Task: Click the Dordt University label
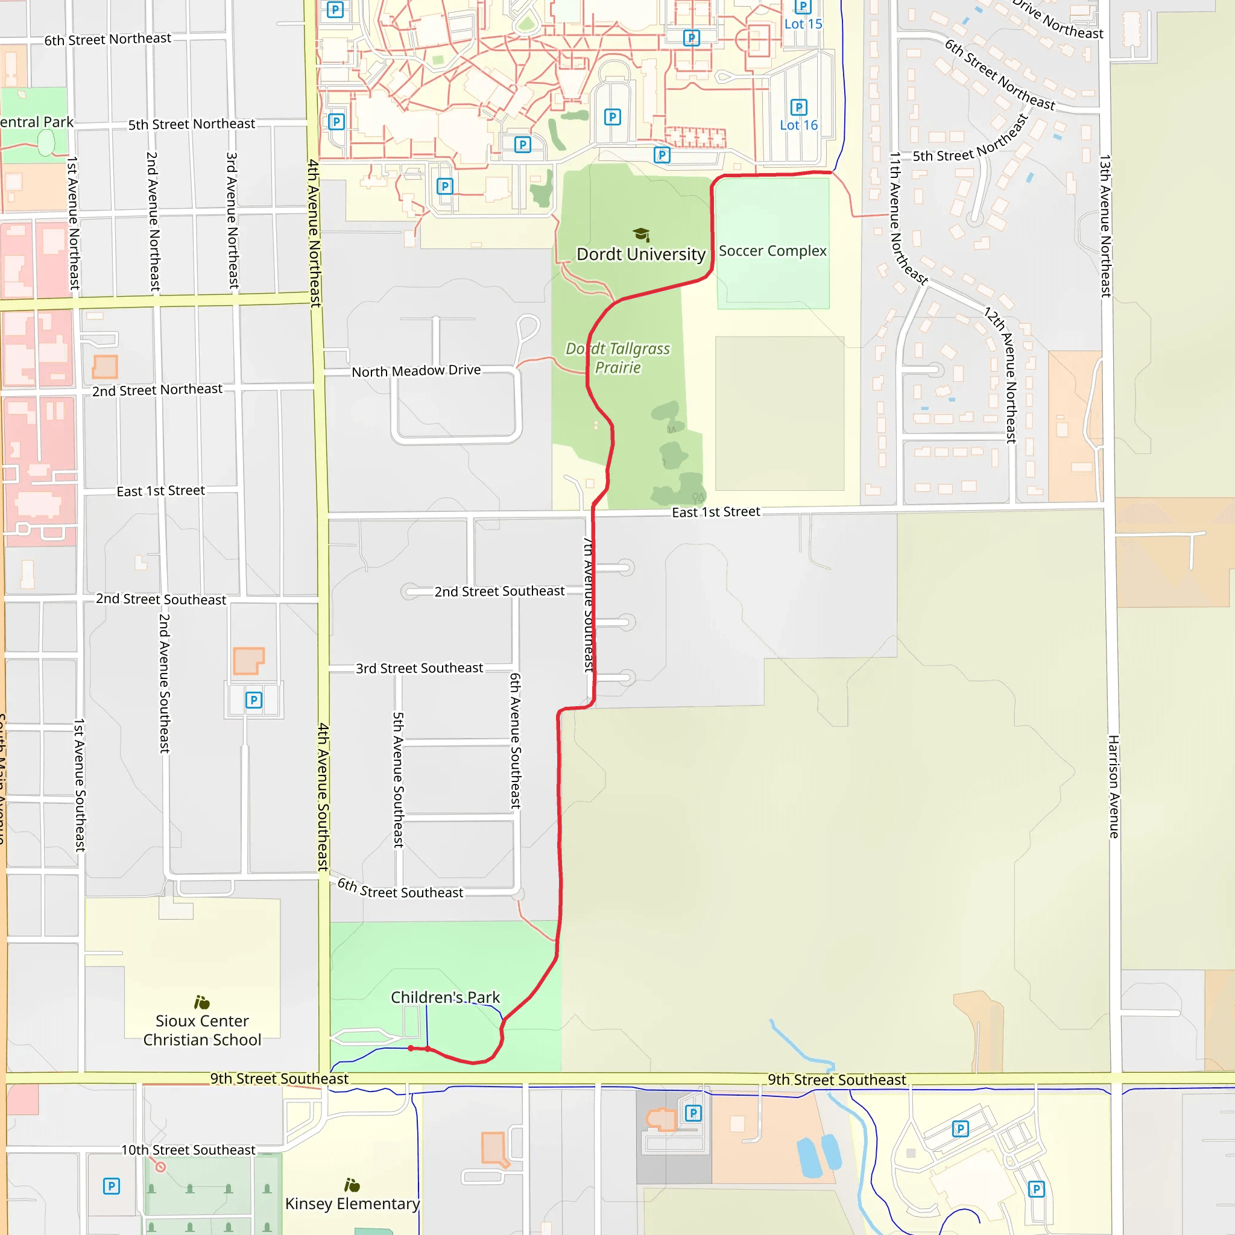coord(640,254)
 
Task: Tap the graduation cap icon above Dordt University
coord(641,234)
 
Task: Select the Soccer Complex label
coord(772,251)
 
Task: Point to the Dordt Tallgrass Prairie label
coord(617,358)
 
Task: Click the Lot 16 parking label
coord(798,125)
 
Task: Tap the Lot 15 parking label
coord(803,24)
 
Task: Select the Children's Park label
coord(445,997)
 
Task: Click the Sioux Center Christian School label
coord(202,1031)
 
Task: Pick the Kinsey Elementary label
coord(352,1204)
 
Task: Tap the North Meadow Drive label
coord(416,371)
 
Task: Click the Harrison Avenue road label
coord(1114,786)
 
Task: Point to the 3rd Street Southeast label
coord(419,668)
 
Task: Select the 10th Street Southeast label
coord(188,1150)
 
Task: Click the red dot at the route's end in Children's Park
coord(411,1048)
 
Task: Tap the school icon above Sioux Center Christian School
coord(202,1002)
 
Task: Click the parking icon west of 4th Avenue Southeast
coord(254,700)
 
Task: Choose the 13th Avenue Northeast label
coord(1105,226)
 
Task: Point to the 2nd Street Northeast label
coord(157,390)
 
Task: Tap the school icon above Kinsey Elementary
coord(352,1185)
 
